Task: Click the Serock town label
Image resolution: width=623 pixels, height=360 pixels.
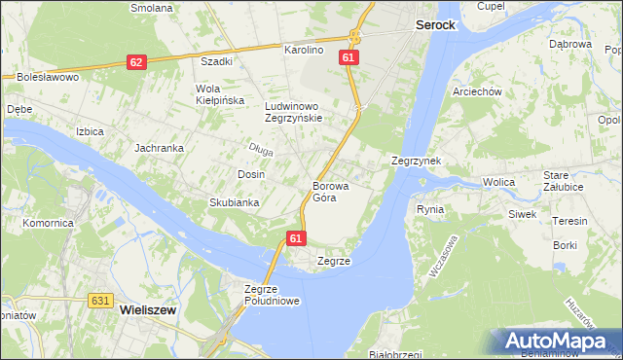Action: point(435,24)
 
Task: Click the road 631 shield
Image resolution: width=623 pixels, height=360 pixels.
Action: point(99,301)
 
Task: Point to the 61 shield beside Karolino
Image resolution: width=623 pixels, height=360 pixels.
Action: point(348,58)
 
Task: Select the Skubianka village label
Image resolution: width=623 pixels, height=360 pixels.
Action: point(234,202)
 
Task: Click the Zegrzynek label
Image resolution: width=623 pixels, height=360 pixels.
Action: point(417,161)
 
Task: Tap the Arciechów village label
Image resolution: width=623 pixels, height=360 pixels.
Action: point(476,91)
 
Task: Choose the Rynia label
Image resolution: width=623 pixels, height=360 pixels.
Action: point(430,209)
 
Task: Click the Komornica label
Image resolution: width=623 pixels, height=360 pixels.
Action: point(49,223)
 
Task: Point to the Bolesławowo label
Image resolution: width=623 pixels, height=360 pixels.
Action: point(47,76)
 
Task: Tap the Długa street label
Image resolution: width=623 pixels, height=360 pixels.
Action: point(261,149)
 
